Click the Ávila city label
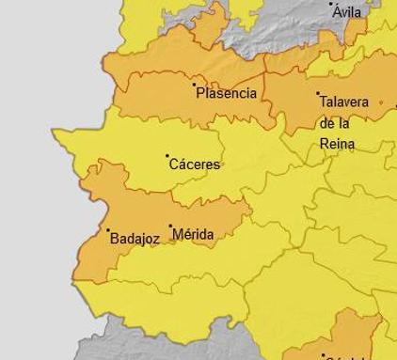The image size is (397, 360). pyautogui.click(x=347, y=12)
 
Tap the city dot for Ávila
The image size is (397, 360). pyautogui.click(x=331, y=5)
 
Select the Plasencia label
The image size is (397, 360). pyautogui.click(x=226, y=93)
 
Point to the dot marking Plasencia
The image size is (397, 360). pyautogui.click(x=195, y=85)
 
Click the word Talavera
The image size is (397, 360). pyautogui.click(x=343, y=102)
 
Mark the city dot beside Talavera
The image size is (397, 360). pyautogui.click(x=318, y=94)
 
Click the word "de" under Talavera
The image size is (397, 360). pyautogui.click(x=327, y=123)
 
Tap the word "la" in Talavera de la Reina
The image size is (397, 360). pyautogui.click(x=345, y=123)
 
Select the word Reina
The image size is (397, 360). pyautogui.click(x=337, y=144)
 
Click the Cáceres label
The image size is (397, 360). pyautogui.click(x=194, y=164)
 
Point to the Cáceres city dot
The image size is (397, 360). pyautogui.click(x=167, y=156)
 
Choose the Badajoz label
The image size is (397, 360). pyautogui.click(x=135, y=239)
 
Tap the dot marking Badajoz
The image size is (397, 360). pyautogui.click(x=108, y=230)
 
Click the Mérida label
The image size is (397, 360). pyautogui.click(x=193, y=234)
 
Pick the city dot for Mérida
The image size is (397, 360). pyautogui.click(x=170, y=227)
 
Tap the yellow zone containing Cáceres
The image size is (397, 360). pyautogui.click(x=141, y=141)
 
